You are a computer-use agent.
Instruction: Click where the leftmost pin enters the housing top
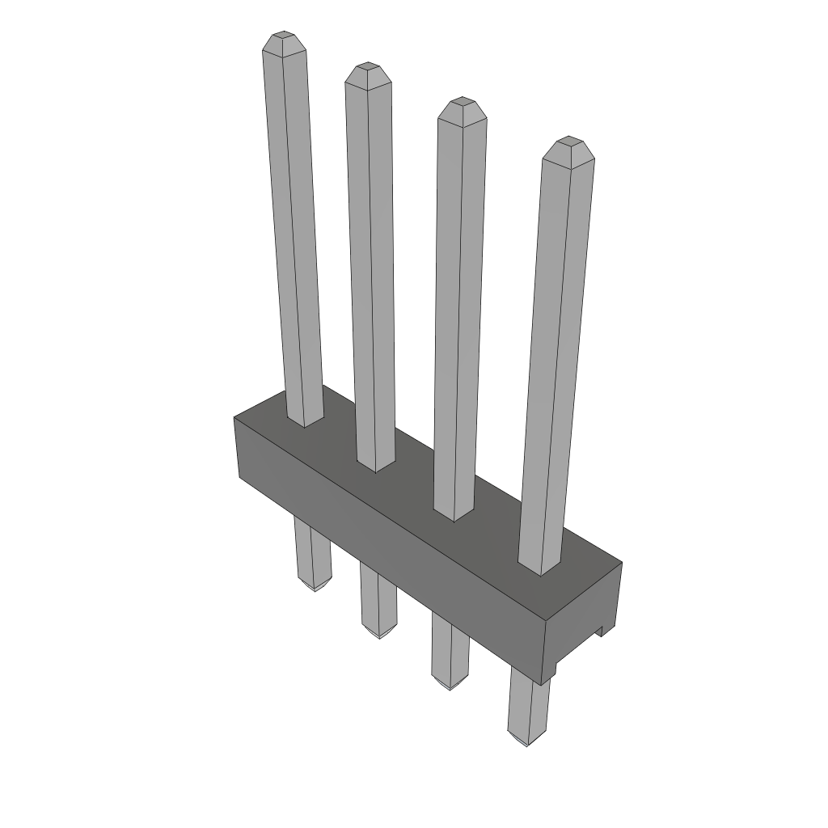tap(305, 418)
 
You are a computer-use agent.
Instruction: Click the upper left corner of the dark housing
tap(236, 419)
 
